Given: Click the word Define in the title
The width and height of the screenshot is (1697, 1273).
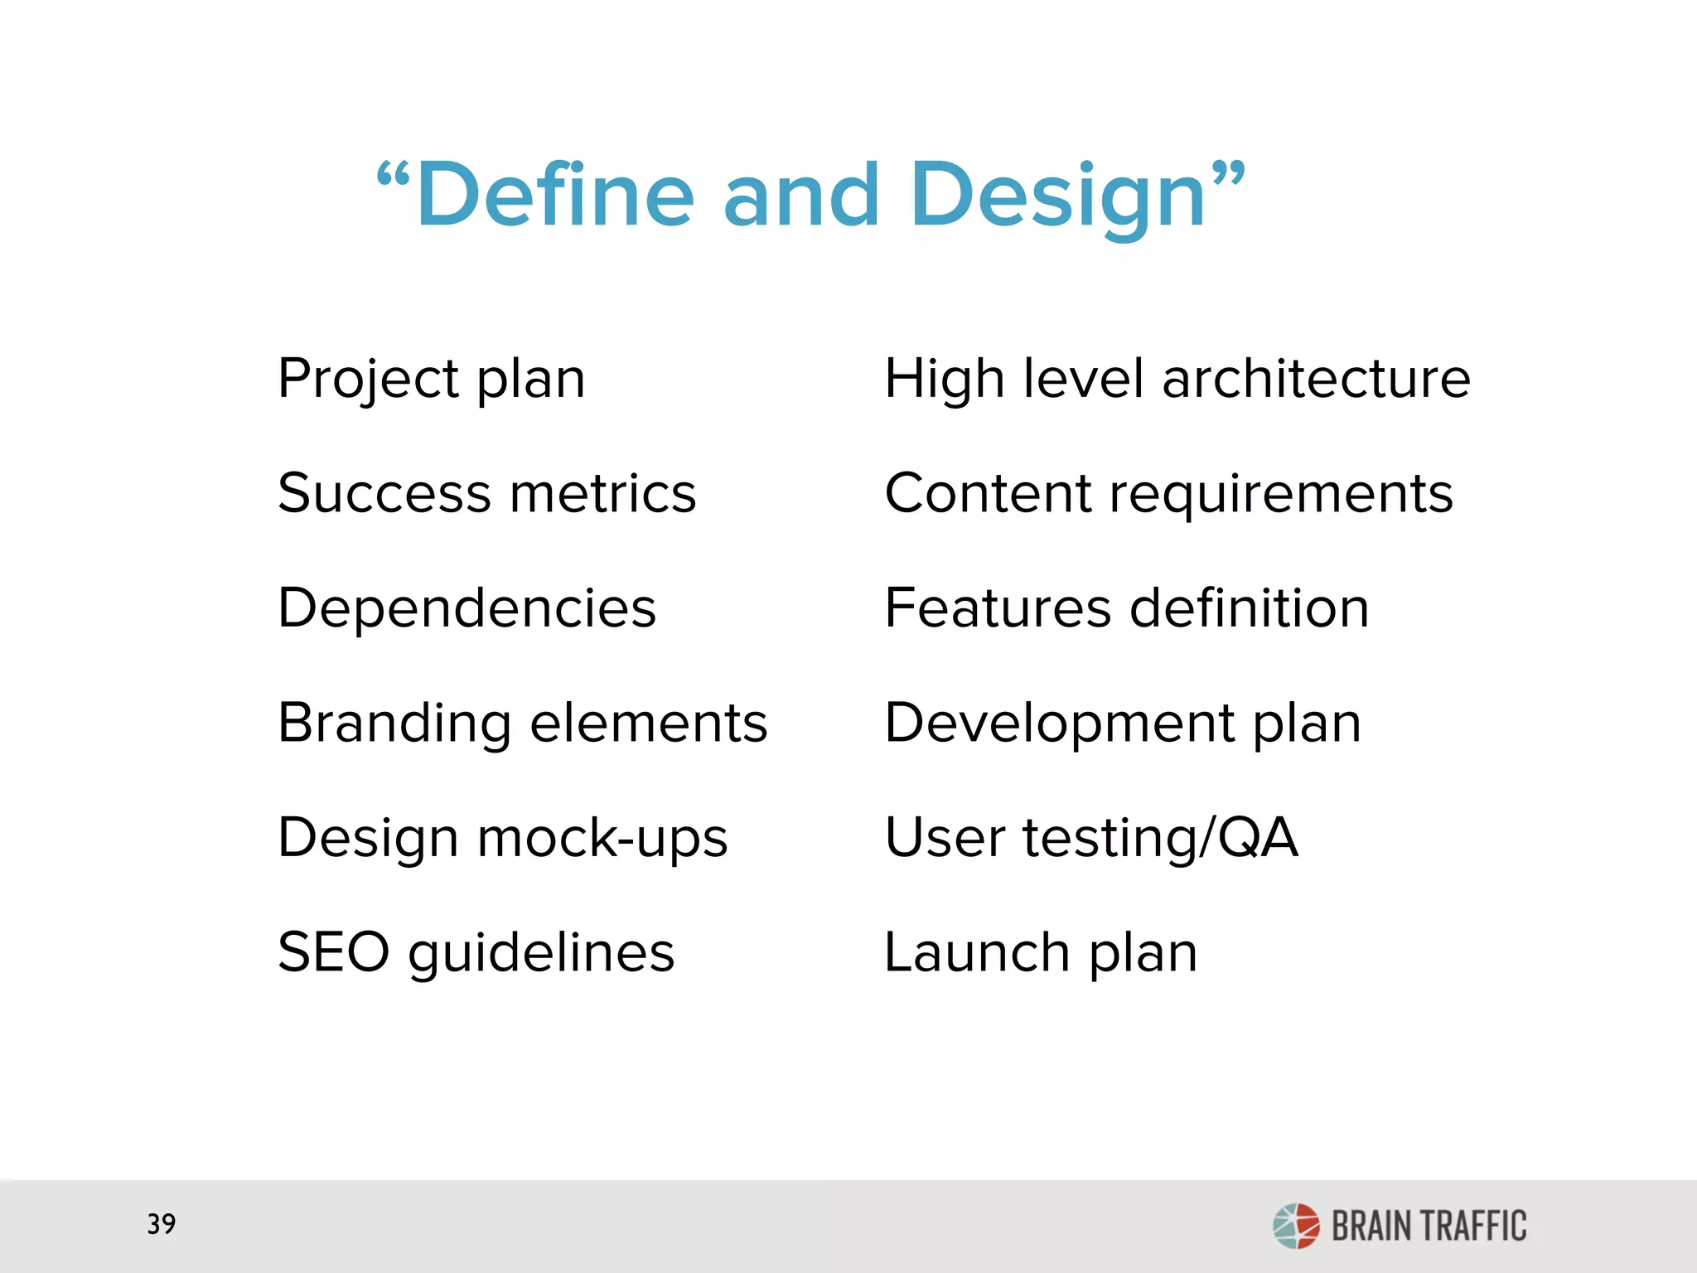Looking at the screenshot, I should [554, 196].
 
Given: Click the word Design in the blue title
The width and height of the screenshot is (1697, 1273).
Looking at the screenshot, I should [1058, 196].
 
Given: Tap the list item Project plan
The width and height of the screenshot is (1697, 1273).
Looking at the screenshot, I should [431, 380].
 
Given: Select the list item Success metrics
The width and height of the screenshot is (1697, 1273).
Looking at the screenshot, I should [486, 493].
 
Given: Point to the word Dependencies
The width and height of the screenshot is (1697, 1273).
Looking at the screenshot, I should [467, 607].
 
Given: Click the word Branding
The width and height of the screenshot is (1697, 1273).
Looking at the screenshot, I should [394, 723].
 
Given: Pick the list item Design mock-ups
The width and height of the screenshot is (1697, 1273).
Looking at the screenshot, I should [502, 837].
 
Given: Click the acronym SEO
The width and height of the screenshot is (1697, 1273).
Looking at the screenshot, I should [333, 951].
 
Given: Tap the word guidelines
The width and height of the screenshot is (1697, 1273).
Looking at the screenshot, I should [541, 951].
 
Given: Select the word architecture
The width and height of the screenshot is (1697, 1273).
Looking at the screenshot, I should [1316, 379].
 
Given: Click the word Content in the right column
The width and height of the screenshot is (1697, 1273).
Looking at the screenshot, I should [988, 493].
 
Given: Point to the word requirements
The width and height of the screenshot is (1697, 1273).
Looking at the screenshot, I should [1281, 495].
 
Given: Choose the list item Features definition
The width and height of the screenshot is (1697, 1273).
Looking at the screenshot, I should [1126, 607].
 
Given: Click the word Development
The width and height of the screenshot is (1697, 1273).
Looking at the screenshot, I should [1060, 723].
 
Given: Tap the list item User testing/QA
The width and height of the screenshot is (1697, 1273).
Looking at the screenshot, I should [1090, 837].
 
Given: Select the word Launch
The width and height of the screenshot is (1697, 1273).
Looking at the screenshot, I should [977, 951].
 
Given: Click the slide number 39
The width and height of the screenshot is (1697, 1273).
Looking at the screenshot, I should [162, 1224].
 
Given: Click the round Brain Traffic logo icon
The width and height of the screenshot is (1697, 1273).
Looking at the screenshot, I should [1296, 1226].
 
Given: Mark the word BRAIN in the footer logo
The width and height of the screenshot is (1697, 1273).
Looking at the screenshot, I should [1371, 1227].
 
